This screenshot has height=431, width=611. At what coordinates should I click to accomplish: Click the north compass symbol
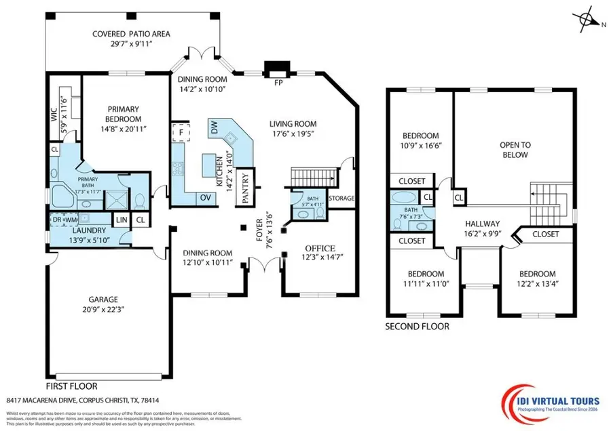[586, 20]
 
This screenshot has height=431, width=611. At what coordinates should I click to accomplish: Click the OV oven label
[205, 197]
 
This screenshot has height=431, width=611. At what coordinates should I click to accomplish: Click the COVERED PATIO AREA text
[132, 33]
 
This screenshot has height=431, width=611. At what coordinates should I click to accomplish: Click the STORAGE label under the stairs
[341, 199]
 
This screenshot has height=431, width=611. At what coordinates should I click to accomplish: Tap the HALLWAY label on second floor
[482, 224]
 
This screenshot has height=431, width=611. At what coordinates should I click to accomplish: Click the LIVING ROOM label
[293, 123]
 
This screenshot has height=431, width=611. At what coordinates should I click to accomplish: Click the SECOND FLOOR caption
[417, 326]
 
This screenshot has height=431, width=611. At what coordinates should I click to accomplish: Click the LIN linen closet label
[122, 220]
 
